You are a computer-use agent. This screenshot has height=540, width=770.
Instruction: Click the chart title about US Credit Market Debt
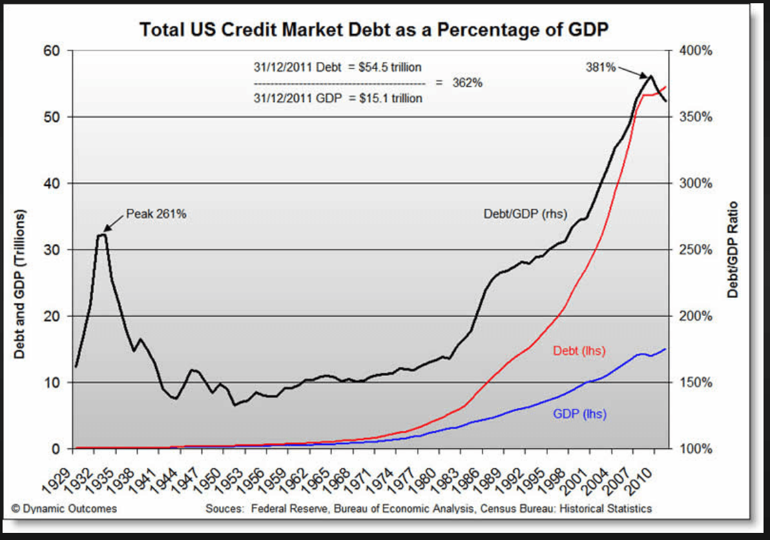click(x=375, y=29)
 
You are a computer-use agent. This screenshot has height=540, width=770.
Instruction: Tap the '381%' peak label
click(x=601, y=67)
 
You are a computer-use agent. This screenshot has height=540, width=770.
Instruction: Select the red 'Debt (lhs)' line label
click(x=579, y=351)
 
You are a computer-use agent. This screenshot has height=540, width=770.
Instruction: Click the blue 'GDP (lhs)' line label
click(x=579, y=413)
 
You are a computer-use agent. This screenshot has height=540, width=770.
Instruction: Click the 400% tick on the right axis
click(x=696, y=51)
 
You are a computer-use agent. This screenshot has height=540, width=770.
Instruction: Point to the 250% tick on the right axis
click(x=696, y=250)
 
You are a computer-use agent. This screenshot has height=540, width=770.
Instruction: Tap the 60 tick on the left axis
click(x=51, y=51)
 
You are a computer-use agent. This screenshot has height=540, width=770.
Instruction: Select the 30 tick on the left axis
click(x=51, y=250)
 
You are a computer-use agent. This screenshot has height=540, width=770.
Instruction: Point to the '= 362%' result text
click(x=459, y=83)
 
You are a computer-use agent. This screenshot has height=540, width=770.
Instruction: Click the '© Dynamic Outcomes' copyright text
click(x=65, y=508)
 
